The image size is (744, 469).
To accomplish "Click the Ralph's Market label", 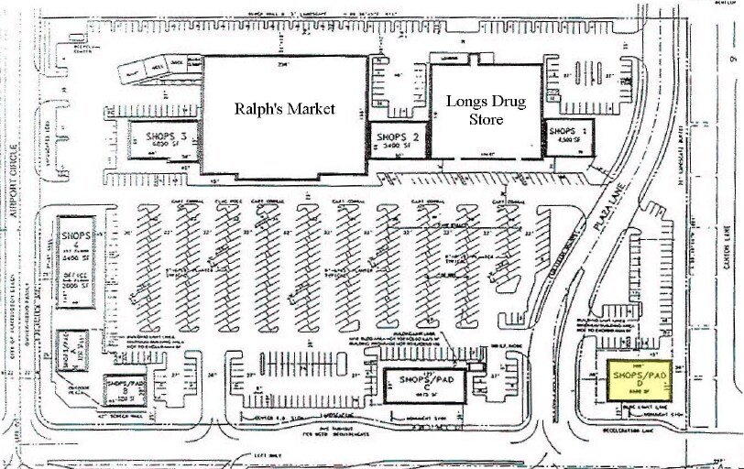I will [x=285, y=109].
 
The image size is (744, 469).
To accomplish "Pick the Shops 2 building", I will [x=397, y=139].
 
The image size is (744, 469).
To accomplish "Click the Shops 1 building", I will [x=567, y=137].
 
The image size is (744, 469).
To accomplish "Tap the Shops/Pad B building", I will [x=127, y=384].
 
